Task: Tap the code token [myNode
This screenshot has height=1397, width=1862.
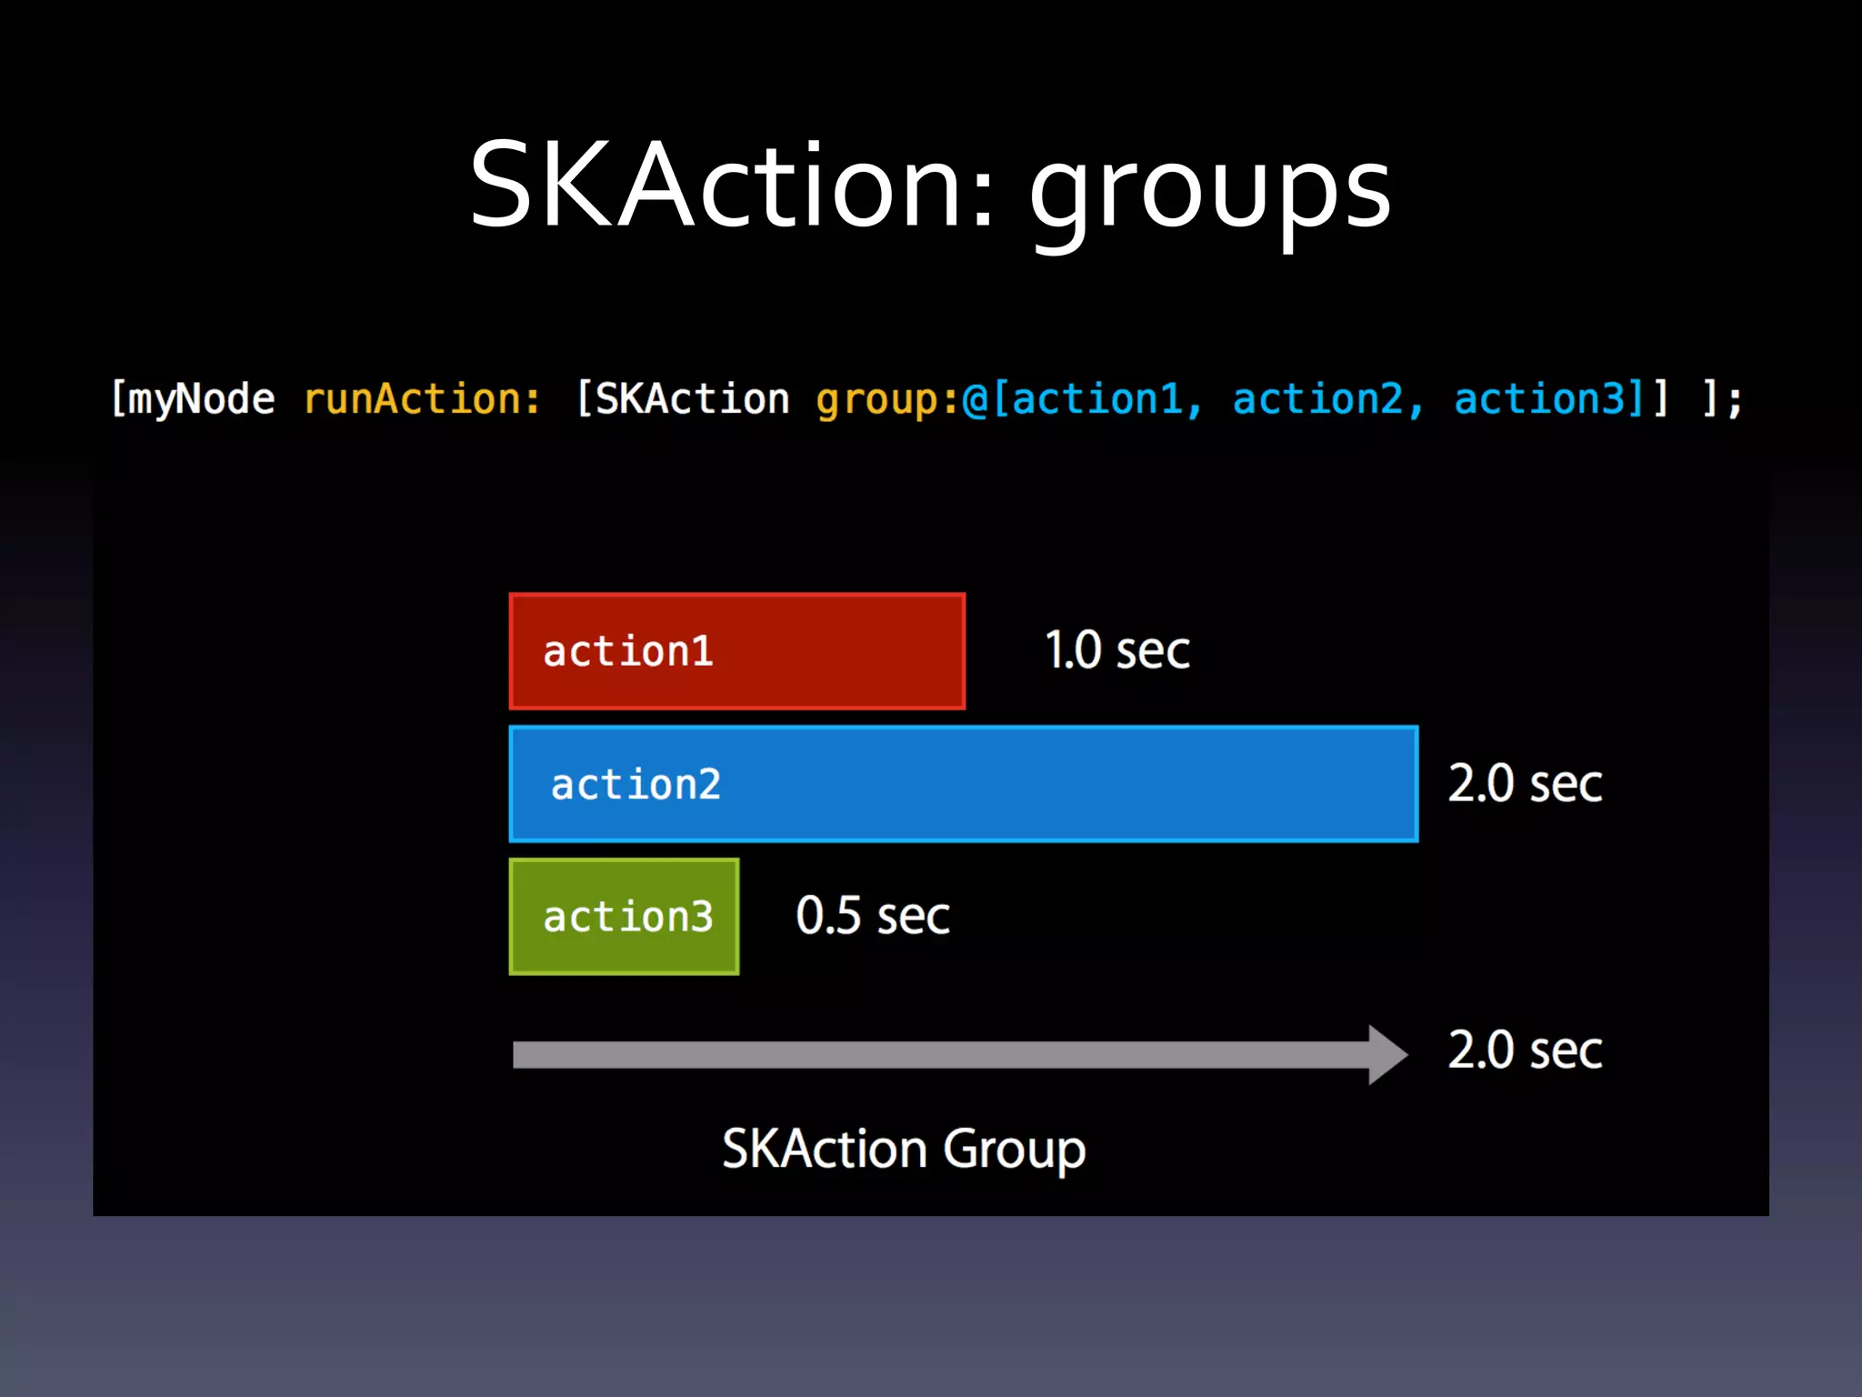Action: pyautogui.click(x=192, y=398)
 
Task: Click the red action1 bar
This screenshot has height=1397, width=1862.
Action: pyautogui.click(x=737, y=651)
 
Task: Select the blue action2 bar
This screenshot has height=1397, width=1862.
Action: pyautogui.click(x=964, y=784)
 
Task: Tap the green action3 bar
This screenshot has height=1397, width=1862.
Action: pyautogui.click(x=625, y=917)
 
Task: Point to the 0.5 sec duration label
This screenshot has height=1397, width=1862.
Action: pyautogui.click(x=873, y=916)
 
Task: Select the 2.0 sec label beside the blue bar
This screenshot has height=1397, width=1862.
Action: pyautogui.click(x=1525, y=784)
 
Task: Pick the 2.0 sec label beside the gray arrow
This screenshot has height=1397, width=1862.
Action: pyautogui.click(x=1525, y=1050)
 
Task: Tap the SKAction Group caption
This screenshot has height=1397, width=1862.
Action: pyautogui.click(x=904, y=1149)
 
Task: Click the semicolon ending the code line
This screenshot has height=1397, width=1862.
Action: pyautogui.click(x=1734, y=400)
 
